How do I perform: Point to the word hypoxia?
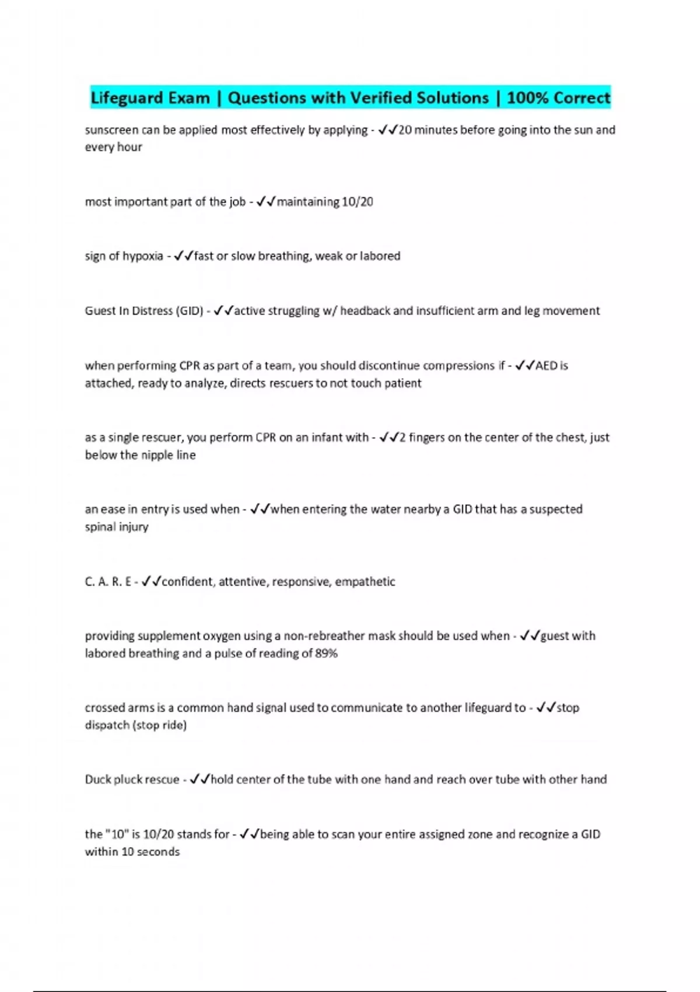142,256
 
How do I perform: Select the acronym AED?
547,366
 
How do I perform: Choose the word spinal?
100,527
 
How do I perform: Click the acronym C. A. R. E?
108,582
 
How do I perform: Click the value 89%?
326,654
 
